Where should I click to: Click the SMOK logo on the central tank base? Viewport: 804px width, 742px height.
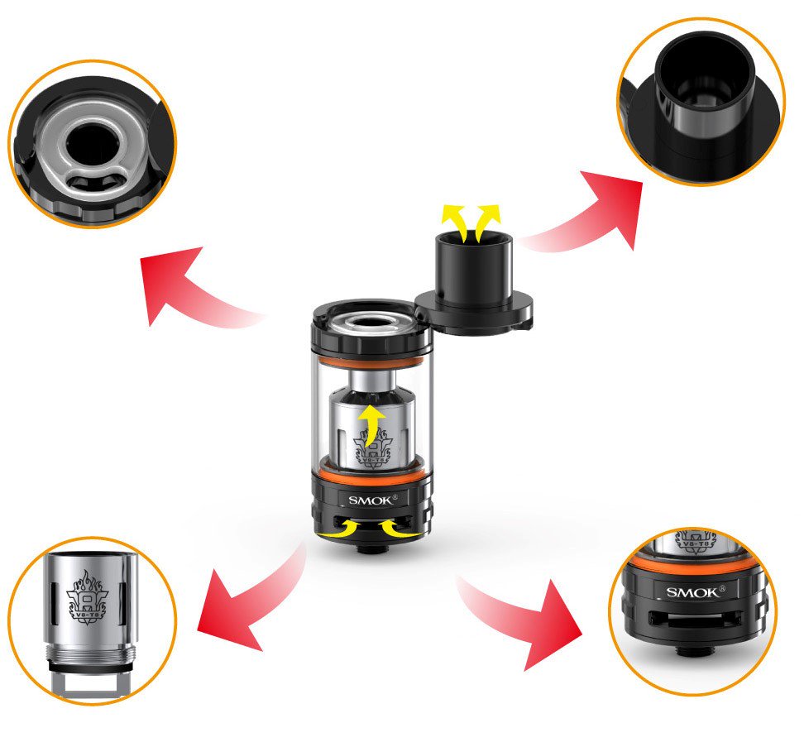pyautogui.click(x=371, y=499)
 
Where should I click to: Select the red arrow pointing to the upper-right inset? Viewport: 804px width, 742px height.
pyautogui.click(x=591, y=211)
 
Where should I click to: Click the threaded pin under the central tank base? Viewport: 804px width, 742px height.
pyautogui.click(x=370, y=548)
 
